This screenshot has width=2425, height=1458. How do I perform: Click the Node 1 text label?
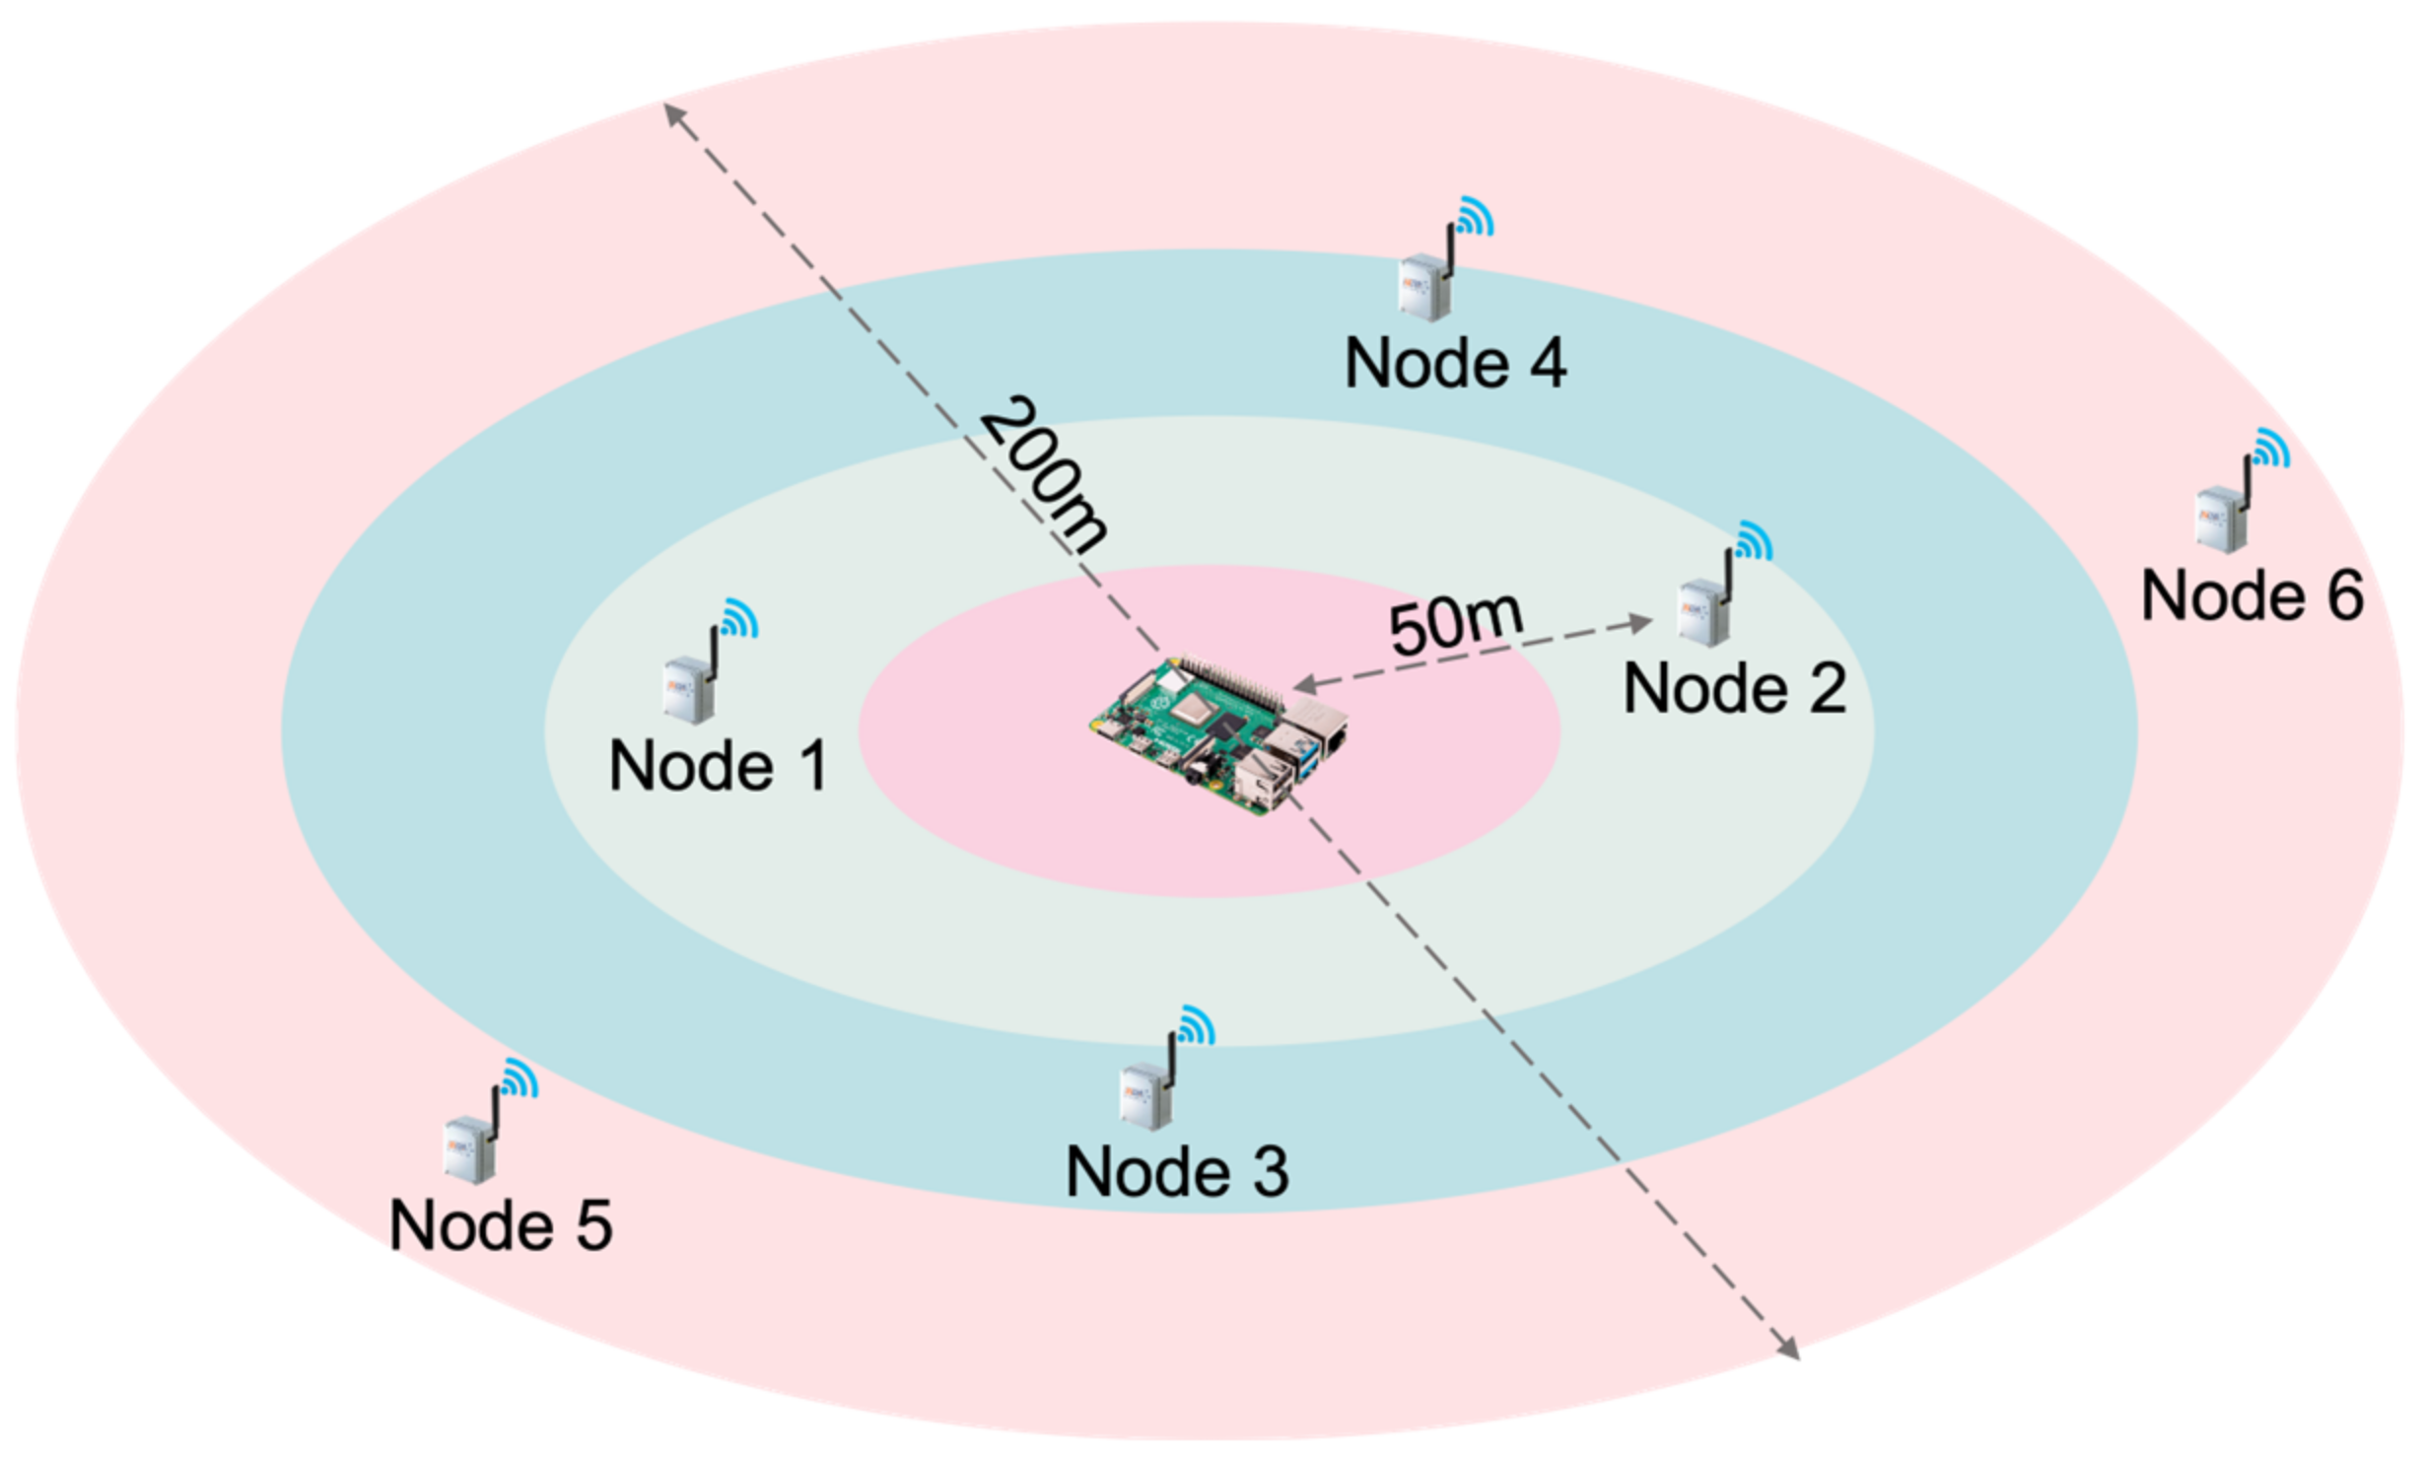pos(719,766)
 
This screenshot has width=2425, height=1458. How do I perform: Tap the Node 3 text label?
pos(1177,1172)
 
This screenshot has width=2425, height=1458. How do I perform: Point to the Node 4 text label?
pos(1455,364)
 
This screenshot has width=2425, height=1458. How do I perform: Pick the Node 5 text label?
pos(501,1225)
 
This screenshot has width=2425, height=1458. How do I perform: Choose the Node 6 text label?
pos(2252,596)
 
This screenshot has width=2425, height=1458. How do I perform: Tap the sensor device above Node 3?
pos(1146,1094)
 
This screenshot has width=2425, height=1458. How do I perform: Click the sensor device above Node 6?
pos(2222,518)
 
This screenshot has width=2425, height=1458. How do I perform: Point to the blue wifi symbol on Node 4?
pos(1476,216)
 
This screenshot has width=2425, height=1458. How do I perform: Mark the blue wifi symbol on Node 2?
pos(1754,540)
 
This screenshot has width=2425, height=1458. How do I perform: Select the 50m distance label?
pos(1456,623)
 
